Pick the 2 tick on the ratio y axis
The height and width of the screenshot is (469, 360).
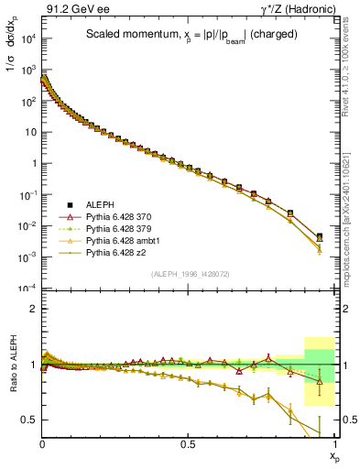34,309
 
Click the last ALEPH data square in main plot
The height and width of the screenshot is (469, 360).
319,236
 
